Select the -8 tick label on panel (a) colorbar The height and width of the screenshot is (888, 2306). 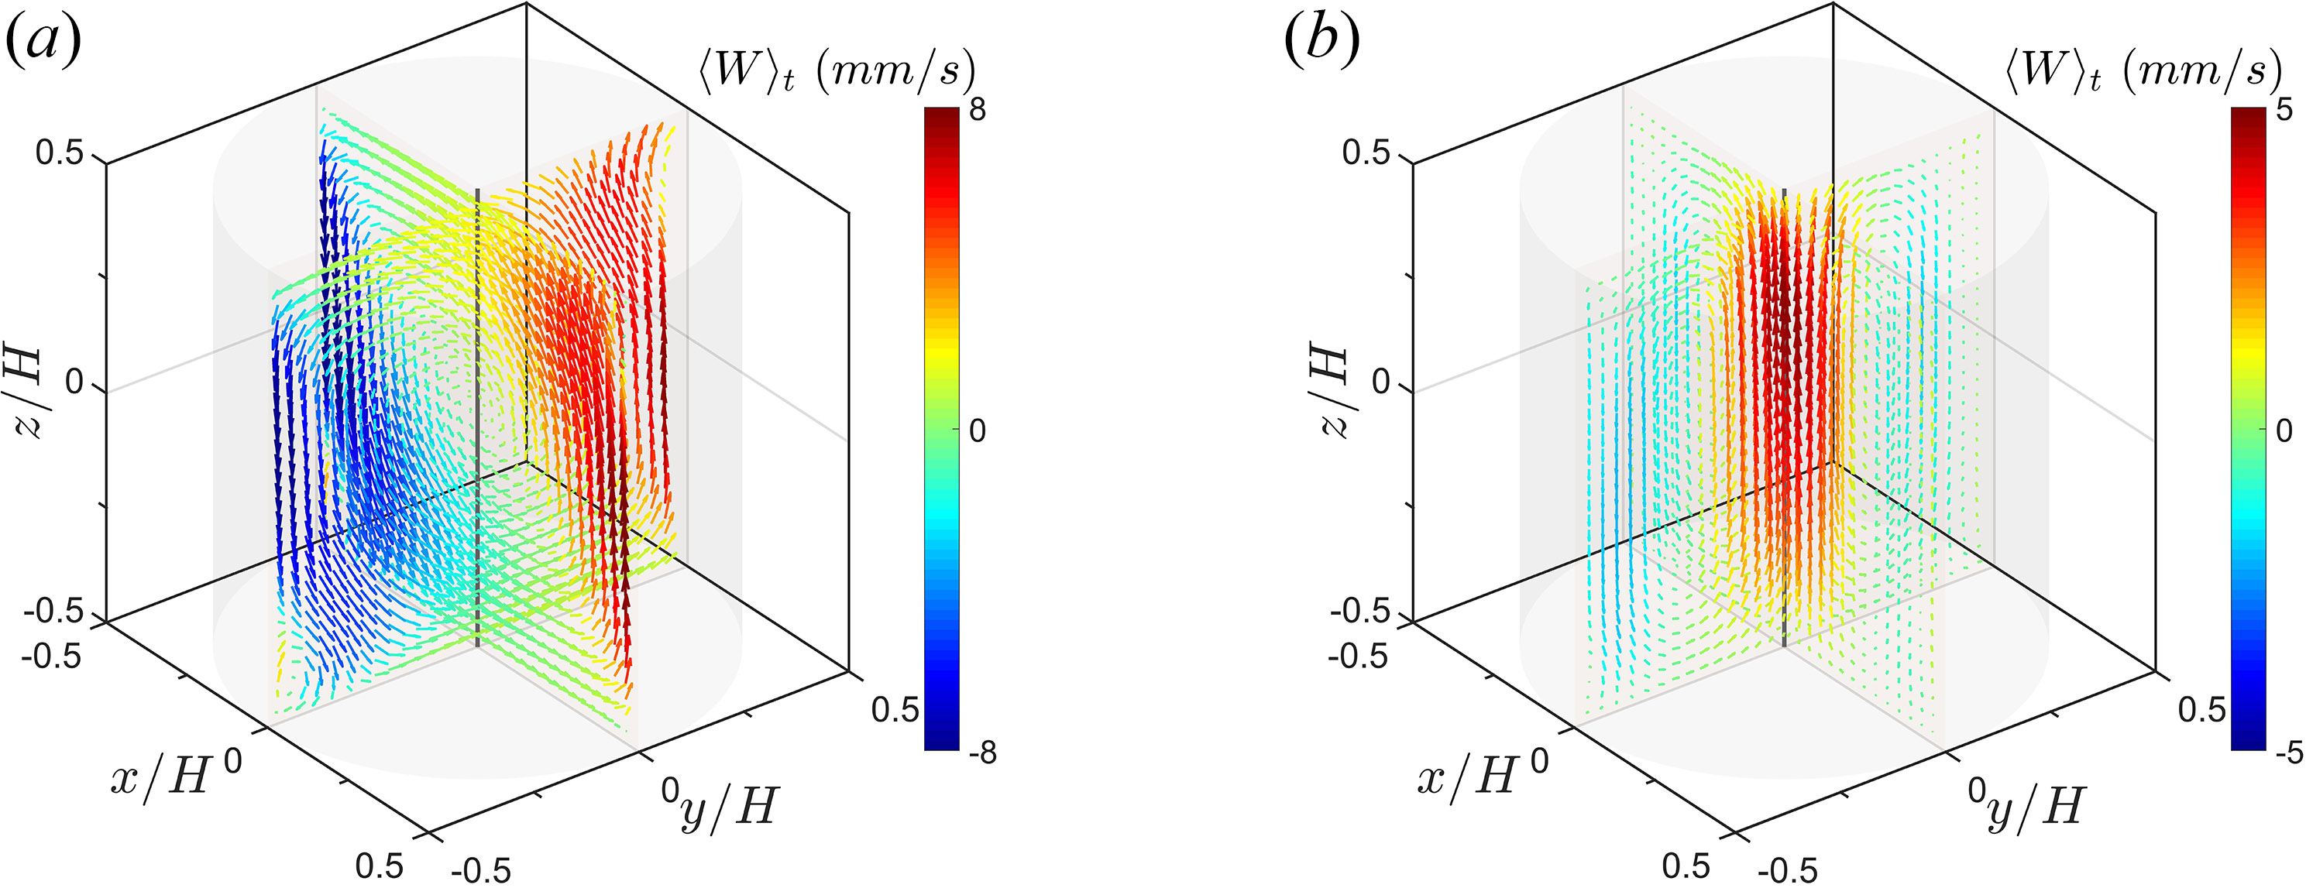[x=982, y=753]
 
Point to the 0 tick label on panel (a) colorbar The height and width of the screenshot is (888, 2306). [x=977, y=430]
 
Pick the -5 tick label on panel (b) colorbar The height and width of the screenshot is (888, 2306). [x=2288, y=753]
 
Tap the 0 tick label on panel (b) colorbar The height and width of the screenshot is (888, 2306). [x=2284, y=430]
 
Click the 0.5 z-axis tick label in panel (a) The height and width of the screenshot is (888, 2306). [x=59, y=153]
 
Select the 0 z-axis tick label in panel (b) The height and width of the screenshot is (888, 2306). [x=1381, y=383]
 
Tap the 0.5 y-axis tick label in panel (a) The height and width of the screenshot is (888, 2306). [x=895, y=710]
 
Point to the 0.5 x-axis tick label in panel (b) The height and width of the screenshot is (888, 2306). [x=1686, y=866]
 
